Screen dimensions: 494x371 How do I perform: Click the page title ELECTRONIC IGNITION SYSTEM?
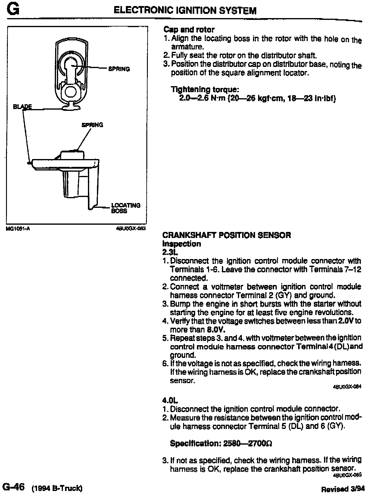click(x=185, y=11)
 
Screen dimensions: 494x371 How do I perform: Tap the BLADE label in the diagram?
click(x=22, y=107)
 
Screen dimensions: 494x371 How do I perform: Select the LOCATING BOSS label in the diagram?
click(x=126, y=208)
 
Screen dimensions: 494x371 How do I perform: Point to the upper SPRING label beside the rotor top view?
click(x=119, y=69)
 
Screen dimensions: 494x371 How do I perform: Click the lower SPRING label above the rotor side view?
click(x=92, y=125)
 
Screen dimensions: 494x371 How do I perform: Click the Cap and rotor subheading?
click(x=189, y=30)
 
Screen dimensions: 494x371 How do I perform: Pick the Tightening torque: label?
click(x=205, y=89)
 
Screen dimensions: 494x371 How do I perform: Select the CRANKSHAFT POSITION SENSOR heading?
click(x=226, y=235)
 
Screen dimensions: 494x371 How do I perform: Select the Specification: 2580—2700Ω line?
click(x=221, y=443)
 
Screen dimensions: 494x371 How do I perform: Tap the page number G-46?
click(x=13, y=487)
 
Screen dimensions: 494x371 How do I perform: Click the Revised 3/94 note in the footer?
click(x=343, y=489)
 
